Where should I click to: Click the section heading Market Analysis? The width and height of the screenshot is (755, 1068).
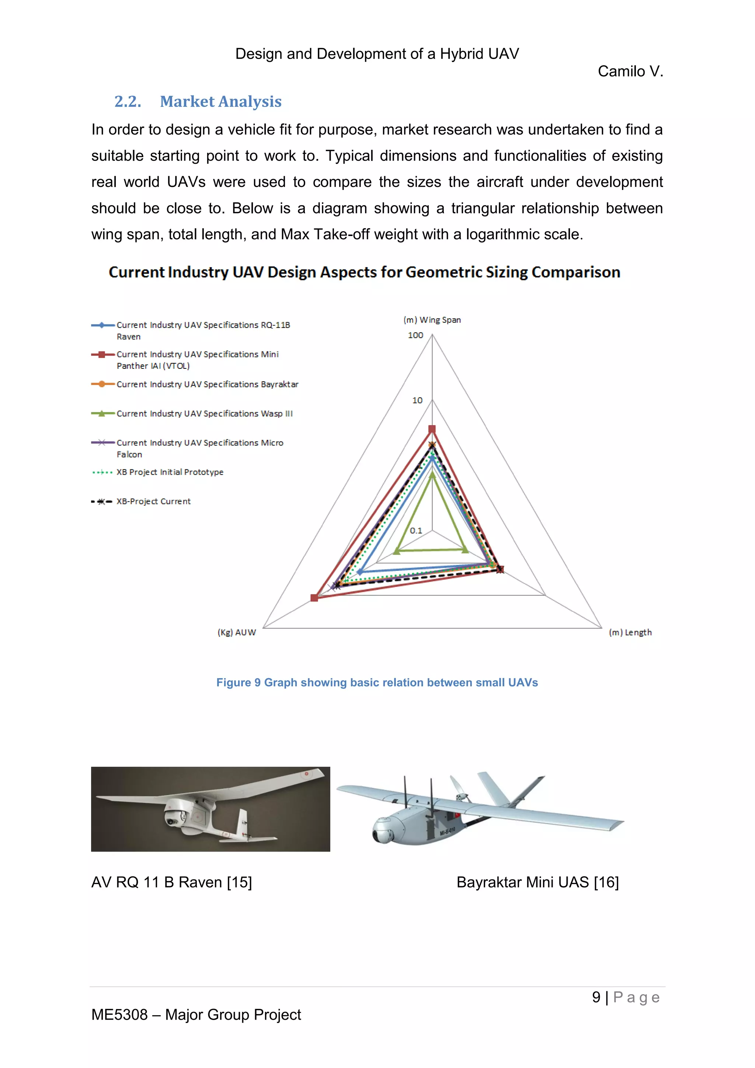220,101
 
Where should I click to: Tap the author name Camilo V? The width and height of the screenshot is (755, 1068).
630,71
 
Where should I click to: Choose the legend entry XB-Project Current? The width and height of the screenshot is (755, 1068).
153,502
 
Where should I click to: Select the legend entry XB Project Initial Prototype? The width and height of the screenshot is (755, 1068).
170,472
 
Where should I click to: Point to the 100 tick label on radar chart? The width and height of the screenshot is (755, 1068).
415,335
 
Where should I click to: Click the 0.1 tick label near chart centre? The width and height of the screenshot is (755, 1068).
415,530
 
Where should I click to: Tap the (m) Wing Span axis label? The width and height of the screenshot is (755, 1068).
432,320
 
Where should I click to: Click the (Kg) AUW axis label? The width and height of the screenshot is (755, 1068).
237,632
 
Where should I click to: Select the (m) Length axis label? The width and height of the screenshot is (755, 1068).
630,632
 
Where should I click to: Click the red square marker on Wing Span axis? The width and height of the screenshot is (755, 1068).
432,429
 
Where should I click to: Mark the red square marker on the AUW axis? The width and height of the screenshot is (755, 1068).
314,598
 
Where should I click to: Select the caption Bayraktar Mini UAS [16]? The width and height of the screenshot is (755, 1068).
537,883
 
